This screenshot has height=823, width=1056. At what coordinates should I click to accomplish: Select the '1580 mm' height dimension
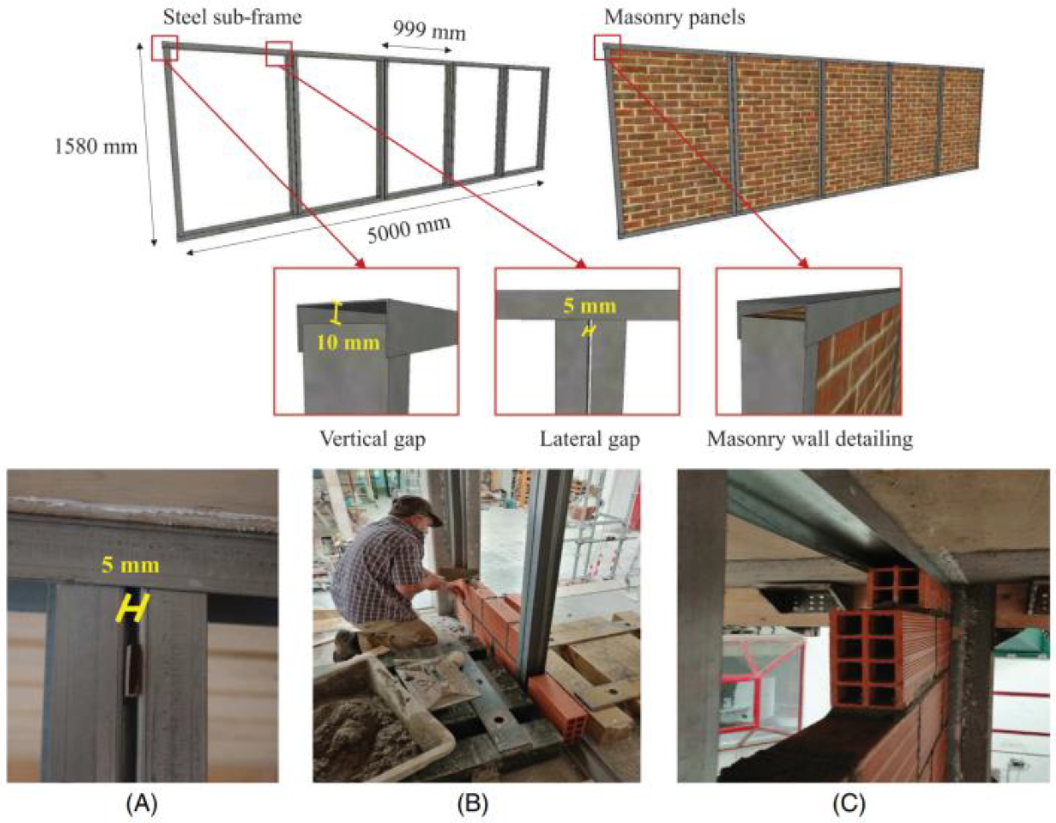pyautogui.click(x=96, y=146)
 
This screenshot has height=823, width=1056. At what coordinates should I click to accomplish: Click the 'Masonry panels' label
pyautogui.click(x=674, y=18)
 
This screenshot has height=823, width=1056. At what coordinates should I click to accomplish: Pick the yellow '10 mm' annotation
pyautogui.click(x=348, y=343)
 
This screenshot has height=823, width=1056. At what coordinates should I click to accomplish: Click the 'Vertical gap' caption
pyautogui.click(x=372, y=439)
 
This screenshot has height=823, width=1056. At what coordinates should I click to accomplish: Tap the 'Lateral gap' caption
pyautogui.click(x=589, y=439)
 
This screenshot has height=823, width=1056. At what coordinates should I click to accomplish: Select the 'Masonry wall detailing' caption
pyautogui.click(x=810, y=439)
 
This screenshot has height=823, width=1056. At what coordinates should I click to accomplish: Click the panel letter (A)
pyautogui.click(x=142, y=804)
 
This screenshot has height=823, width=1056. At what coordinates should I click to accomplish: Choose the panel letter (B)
pyautogui.click(x=472, y=804)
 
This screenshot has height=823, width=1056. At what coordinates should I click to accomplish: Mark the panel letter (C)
pyautogui.click(x=849, y=804)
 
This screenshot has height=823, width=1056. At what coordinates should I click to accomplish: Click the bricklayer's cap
pyautogui.click(x=416, y=508)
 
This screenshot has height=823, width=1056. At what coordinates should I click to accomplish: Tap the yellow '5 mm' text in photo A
pyautogui.click(x=131, y=565)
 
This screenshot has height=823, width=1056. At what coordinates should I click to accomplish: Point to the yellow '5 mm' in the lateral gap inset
pyautogui.click(x=589, y=306)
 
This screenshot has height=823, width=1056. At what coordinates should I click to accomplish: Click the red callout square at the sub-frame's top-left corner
pyautogui.click(x=164, y=48)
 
